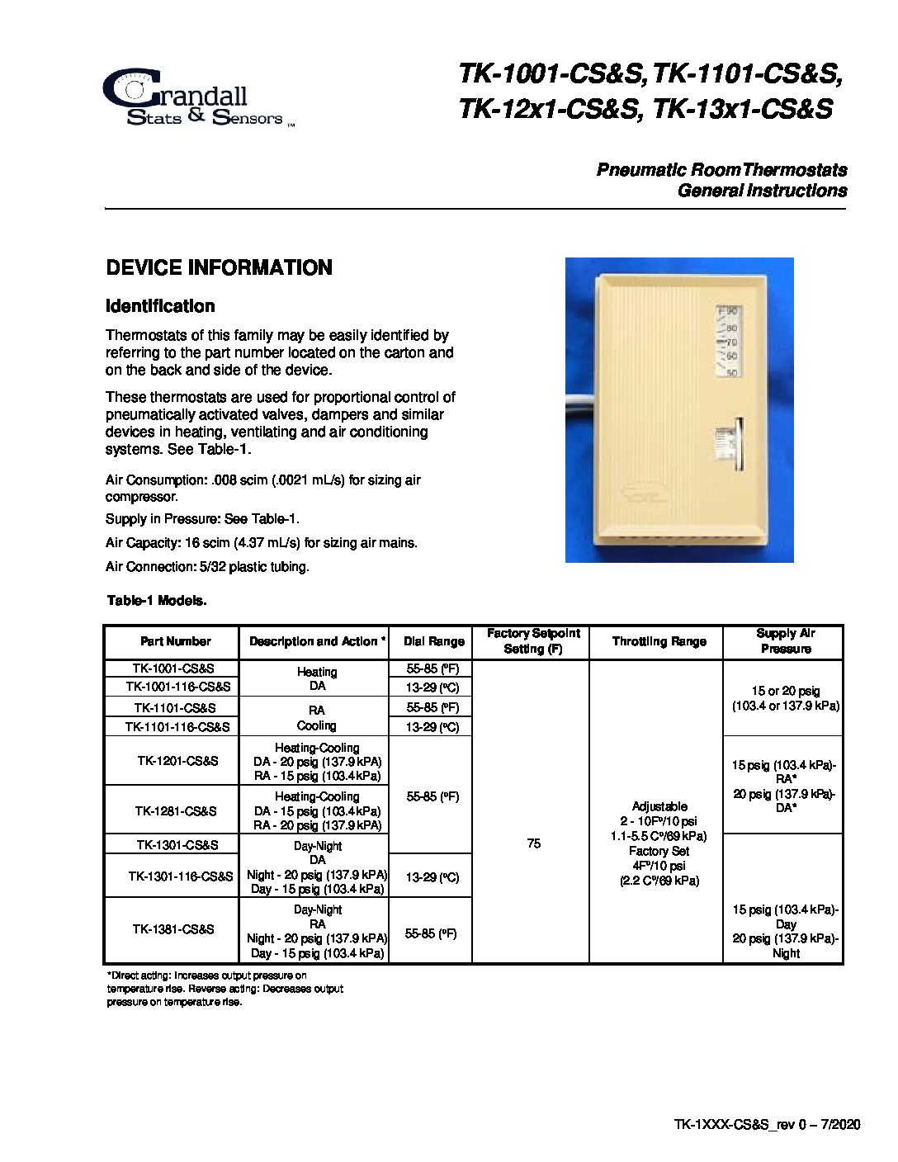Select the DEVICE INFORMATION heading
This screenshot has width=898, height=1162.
(219, 267)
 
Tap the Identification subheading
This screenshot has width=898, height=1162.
(160, 306)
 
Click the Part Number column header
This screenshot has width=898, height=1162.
(175, 641)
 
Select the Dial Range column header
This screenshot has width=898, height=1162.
(433, 641)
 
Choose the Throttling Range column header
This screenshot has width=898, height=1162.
(659, 641)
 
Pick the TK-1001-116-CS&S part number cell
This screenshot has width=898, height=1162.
(177, 686)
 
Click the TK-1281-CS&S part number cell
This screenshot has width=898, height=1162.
(176, 810)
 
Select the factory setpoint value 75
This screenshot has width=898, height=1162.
(533, 843)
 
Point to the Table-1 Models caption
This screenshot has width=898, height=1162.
(157, 601)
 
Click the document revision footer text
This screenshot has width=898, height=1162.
(767, 1124)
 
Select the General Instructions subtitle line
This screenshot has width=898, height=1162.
(762, 191)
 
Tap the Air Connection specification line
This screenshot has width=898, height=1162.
(207, 567)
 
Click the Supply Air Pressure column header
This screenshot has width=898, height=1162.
(785, 641)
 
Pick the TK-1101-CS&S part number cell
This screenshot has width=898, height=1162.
(175, 707)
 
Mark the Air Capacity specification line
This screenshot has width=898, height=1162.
(261, 543)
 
